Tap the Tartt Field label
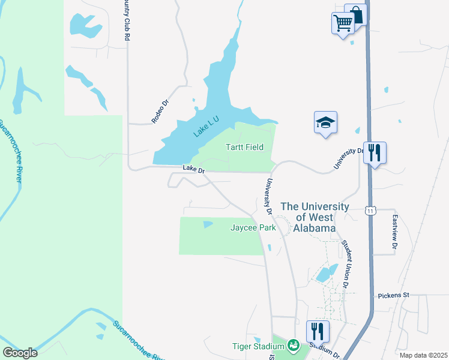point(244,147)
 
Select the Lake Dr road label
point(194,170)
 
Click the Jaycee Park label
point(253,227)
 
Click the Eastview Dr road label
point(395,232)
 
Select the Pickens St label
point(393,295)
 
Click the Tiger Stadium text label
point(258,346)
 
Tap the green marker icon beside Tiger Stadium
point(294,345)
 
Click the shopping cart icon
point(343,23)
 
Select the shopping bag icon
point(355,14)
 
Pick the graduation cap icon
point(325,122)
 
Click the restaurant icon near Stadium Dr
point(318,330)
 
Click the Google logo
point(20,352)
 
